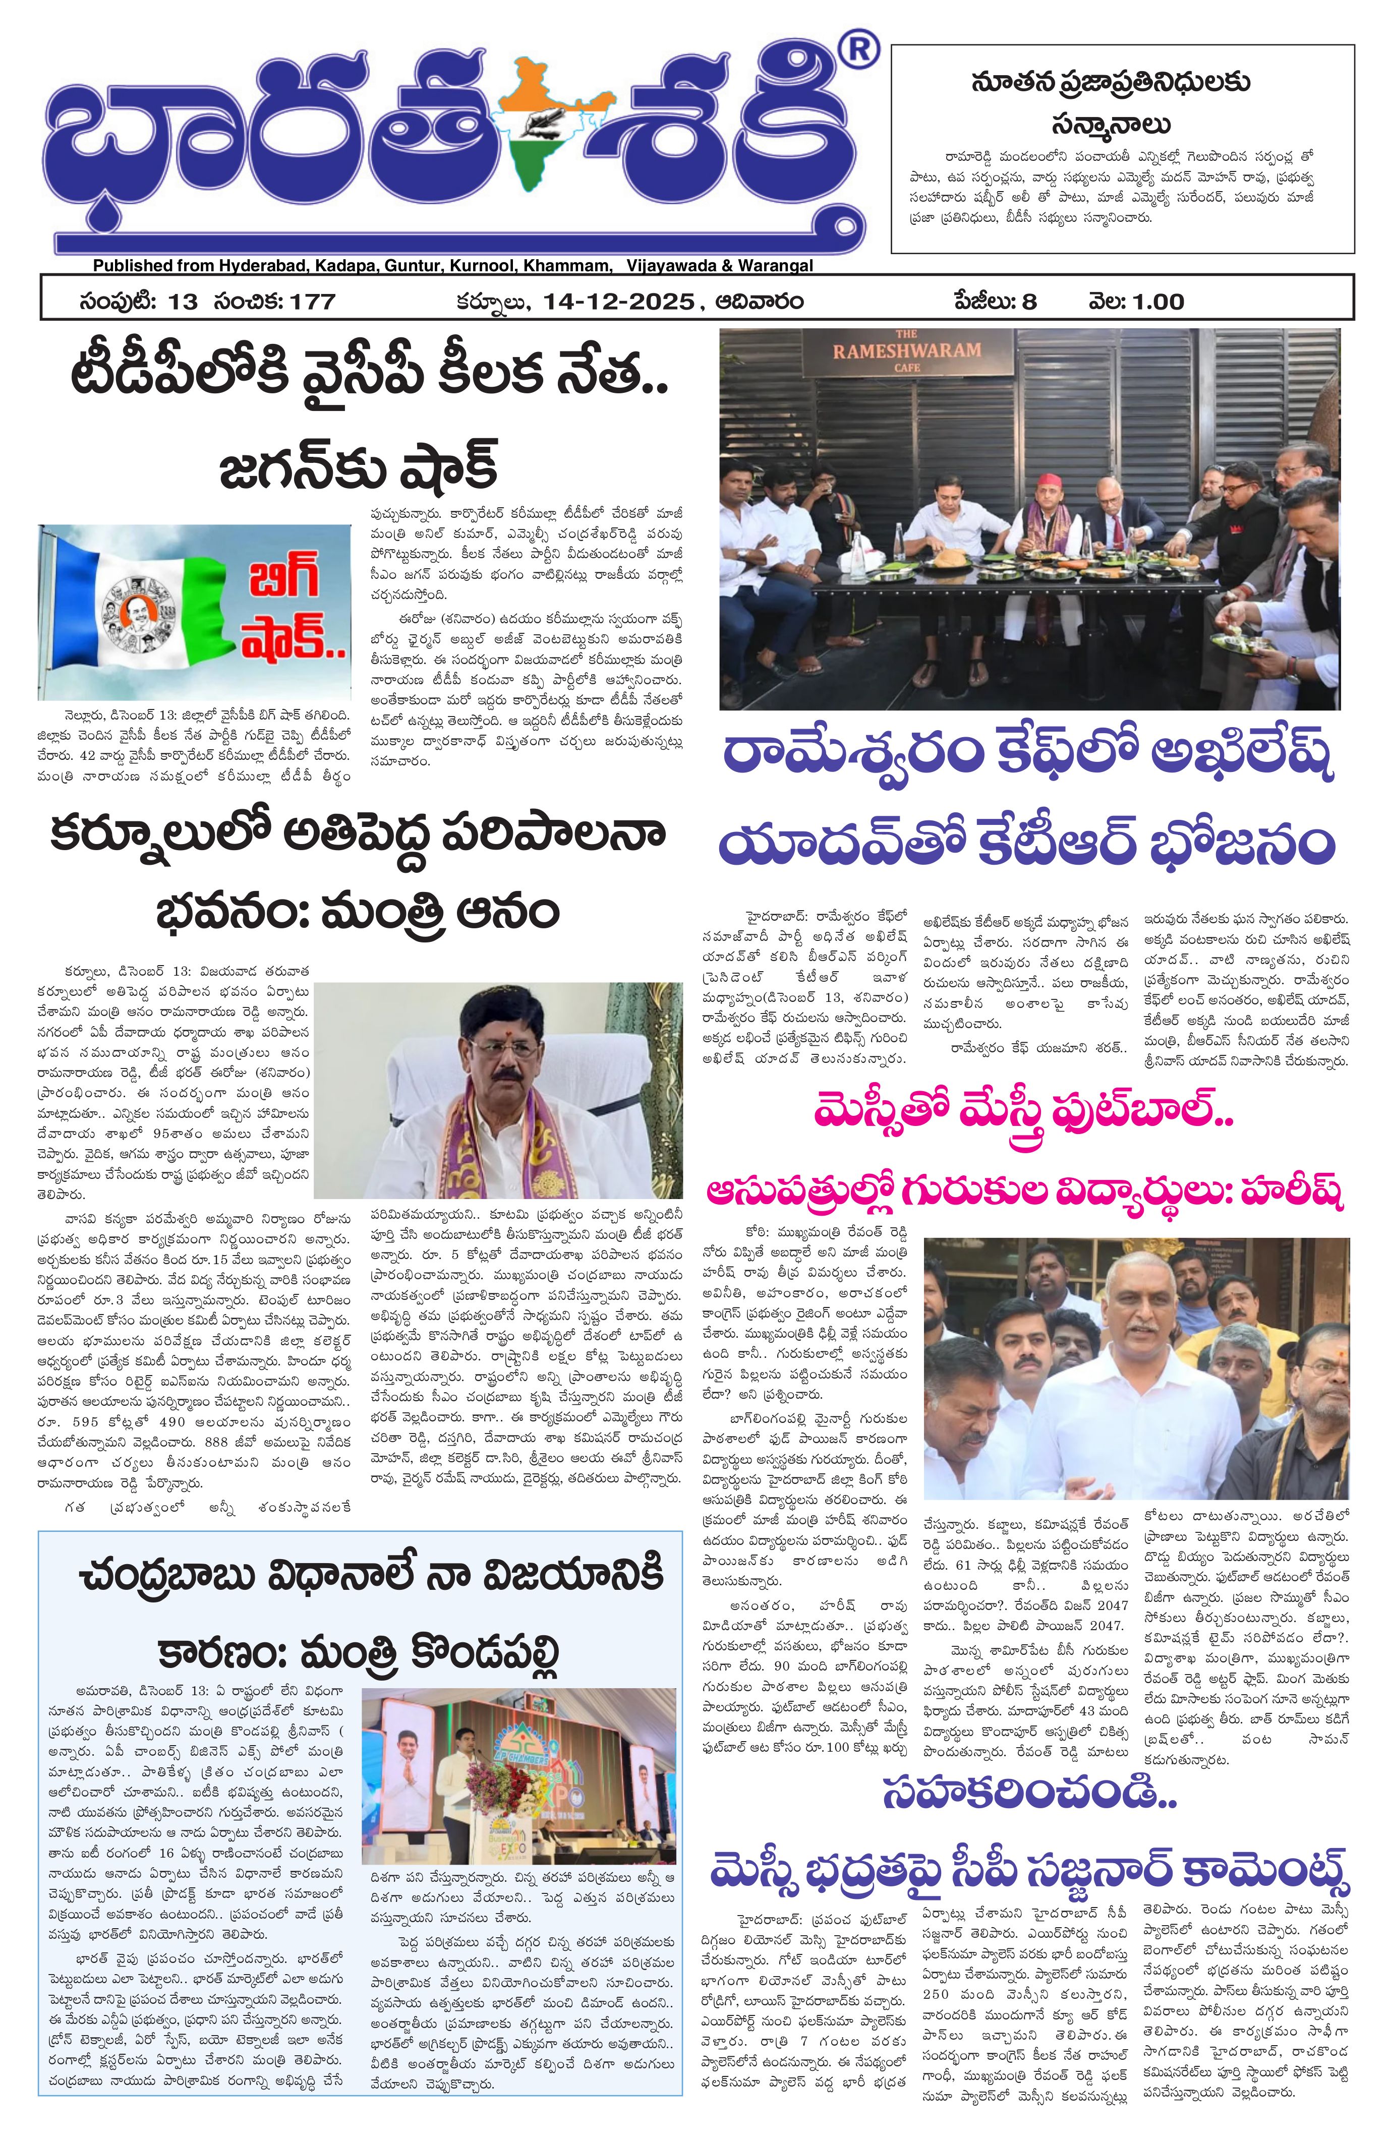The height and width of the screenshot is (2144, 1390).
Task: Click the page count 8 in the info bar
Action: (x=1029, y=301)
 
